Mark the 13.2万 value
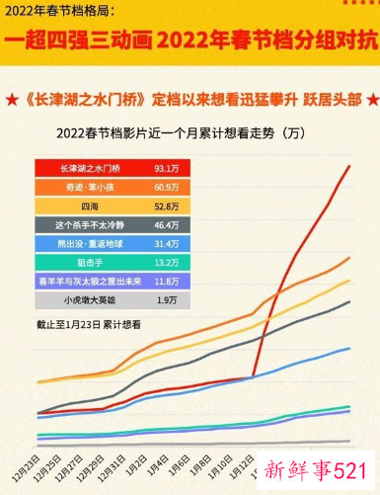pyautogui.click(x=166, y=262)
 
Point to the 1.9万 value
pyautogui.click(x=166, y=299)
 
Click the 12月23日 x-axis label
pyautogui.click(x=27, y=465)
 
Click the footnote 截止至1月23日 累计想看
pyautogui.click(x=88, y=323)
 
